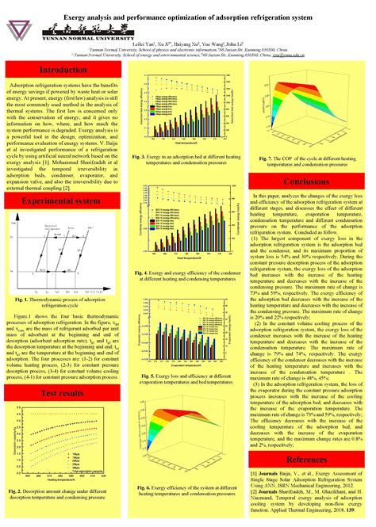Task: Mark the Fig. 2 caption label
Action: (x=18, y=491)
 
